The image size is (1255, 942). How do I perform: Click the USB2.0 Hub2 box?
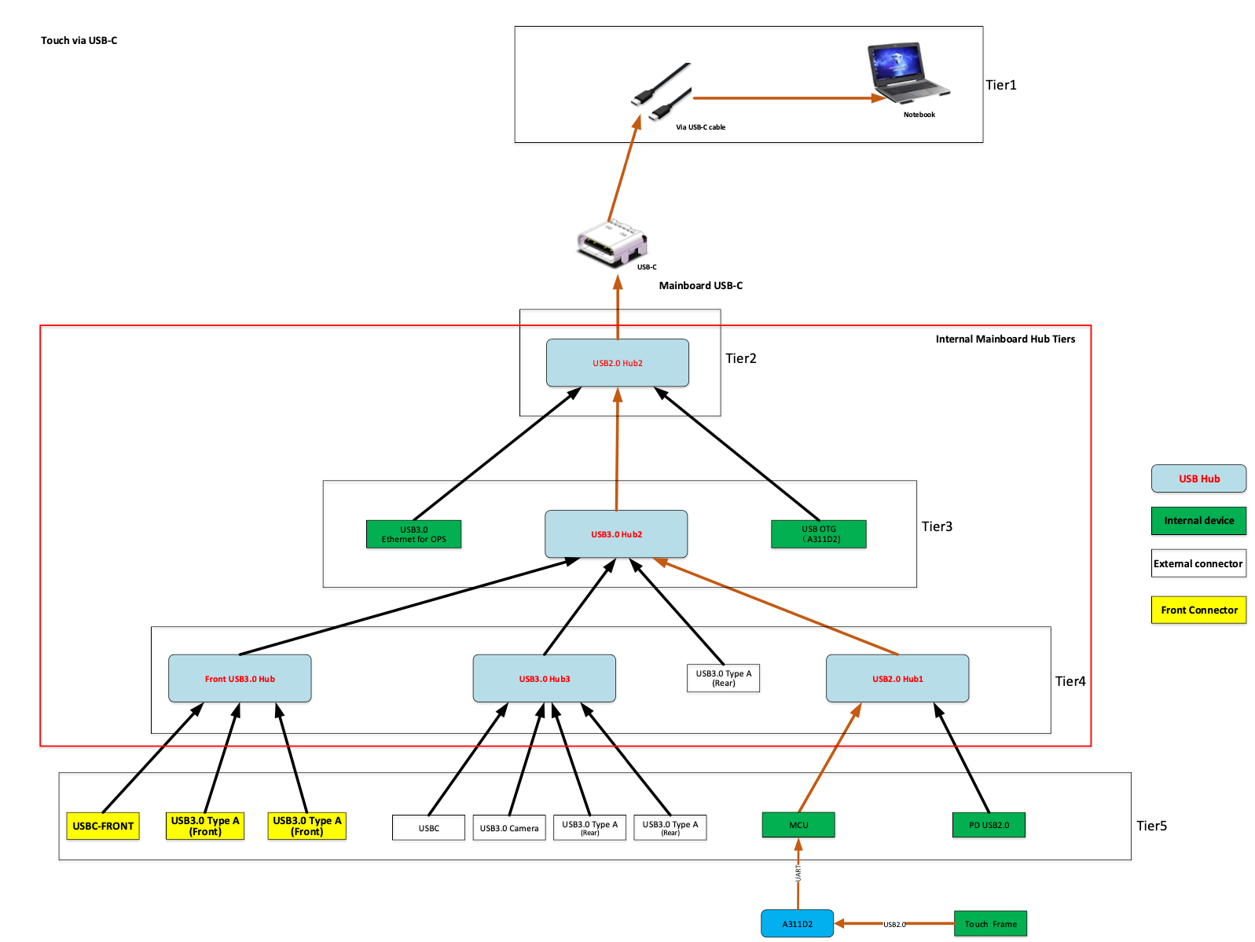618,363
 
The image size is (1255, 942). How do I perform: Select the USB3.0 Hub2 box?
616,534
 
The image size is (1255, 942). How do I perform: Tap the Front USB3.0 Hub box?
240,679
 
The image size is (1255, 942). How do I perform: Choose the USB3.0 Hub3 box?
545,679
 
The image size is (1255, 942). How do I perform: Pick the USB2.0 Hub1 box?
897,679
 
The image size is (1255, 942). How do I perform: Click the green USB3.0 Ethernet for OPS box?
414,534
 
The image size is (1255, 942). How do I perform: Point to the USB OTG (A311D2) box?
819,534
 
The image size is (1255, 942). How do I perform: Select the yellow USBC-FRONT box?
103,827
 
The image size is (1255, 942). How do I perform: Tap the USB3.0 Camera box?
509,828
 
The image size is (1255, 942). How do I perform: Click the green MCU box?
798,826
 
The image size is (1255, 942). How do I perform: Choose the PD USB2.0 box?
989,826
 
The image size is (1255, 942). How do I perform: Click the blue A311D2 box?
798,924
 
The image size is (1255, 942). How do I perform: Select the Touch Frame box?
991,924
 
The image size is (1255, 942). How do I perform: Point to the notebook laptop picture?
908,73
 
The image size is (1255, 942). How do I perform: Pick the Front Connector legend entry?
1199,610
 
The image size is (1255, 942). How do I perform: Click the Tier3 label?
937,527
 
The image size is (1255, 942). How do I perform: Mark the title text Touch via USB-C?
79,41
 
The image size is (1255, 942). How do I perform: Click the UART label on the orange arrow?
798,874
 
